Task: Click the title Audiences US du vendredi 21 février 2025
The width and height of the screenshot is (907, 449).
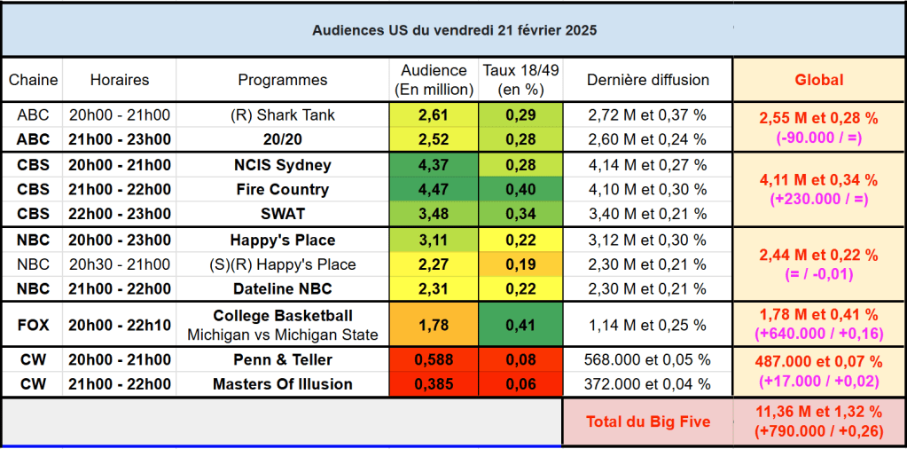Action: coord(454,30)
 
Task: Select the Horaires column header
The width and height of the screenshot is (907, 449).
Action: coord(120,80)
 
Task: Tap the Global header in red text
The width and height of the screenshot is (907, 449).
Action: coord(818,80)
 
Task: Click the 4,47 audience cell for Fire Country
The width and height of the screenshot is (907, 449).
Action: coord(434,189)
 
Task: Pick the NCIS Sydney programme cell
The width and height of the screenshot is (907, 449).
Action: coord(283,165)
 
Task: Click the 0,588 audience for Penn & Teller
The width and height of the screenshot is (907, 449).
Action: coord(434,360)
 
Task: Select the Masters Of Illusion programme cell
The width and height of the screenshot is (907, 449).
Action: coord(283,384)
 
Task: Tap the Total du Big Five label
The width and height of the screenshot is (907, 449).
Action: coord(647,421)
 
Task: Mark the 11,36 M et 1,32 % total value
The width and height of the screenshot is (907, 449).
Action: coord(818,414)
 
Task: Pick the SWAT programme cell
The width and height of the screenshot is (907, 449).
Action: coord(283,214)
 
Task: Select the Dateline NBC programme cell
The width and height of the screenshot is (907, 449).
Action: coord(283,288)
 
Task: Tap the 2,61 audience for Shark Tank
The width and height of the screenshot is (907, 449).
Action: coord(434,115)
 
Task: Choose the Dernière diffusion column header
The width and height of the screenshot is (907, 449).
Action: coord(647,80)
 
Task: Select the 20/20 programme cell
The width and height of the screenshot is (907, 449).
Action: coord(283,139)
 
